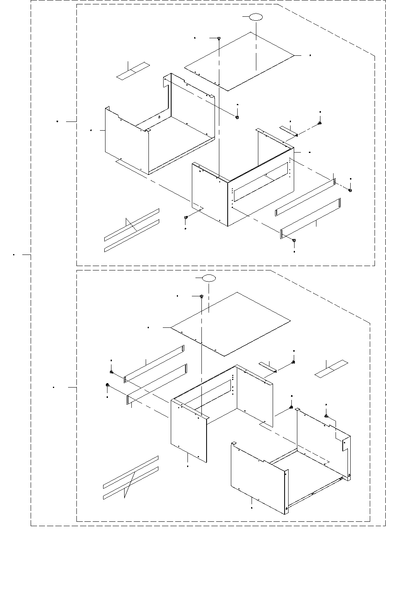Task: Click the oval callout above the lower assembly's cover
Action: (x=209, y=278)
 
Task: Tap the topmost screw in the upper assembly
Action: (x=219, y=38)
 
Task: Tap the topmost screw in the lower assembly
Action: (x=202, y=296)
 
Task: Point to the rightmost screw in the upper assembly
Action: (x=350, y=190)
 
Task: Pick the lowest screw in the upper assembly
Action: (x=294, y=240)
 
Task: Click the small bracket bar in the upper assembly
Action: (x=289, y=131)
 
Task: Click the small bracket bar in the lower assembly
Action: (x=267, y=367)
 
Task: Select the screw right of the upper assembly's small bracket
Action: (x=320, y=123)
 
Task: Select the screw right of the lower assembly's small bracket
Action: (x=293, y=362)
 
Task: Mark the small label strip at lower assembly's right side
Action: (x=331, y=369)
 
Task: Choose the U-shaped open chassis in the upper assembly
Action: (x=159, y=127)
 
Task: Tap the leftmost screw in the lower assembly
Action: (x=108, y=385)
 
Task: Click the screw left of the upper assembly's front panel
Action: (x=186, y=217)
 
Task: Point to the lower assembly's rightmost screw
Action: (x=326, y=416)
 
